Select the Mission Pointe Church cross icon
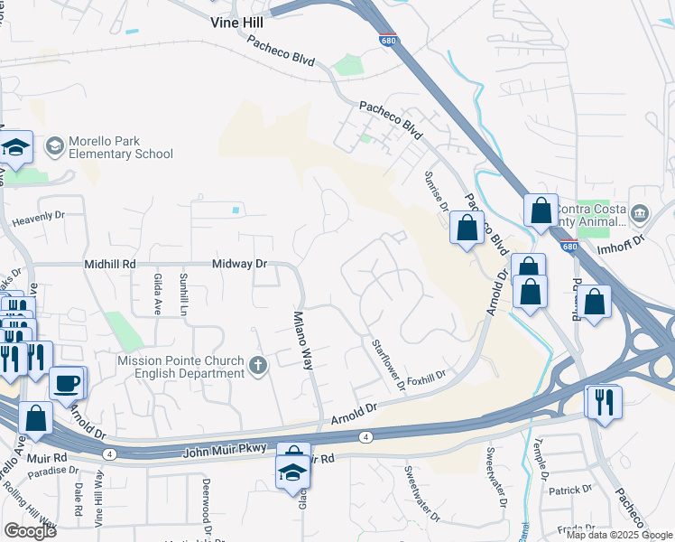pos(259,366)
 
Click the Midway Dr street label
pos(240,264)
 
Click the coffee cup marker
pos(67,383)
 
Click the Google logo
pos(30,531)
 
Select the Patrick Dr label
pos(574,490)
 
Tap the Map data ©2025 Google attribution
pos(619,535)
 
